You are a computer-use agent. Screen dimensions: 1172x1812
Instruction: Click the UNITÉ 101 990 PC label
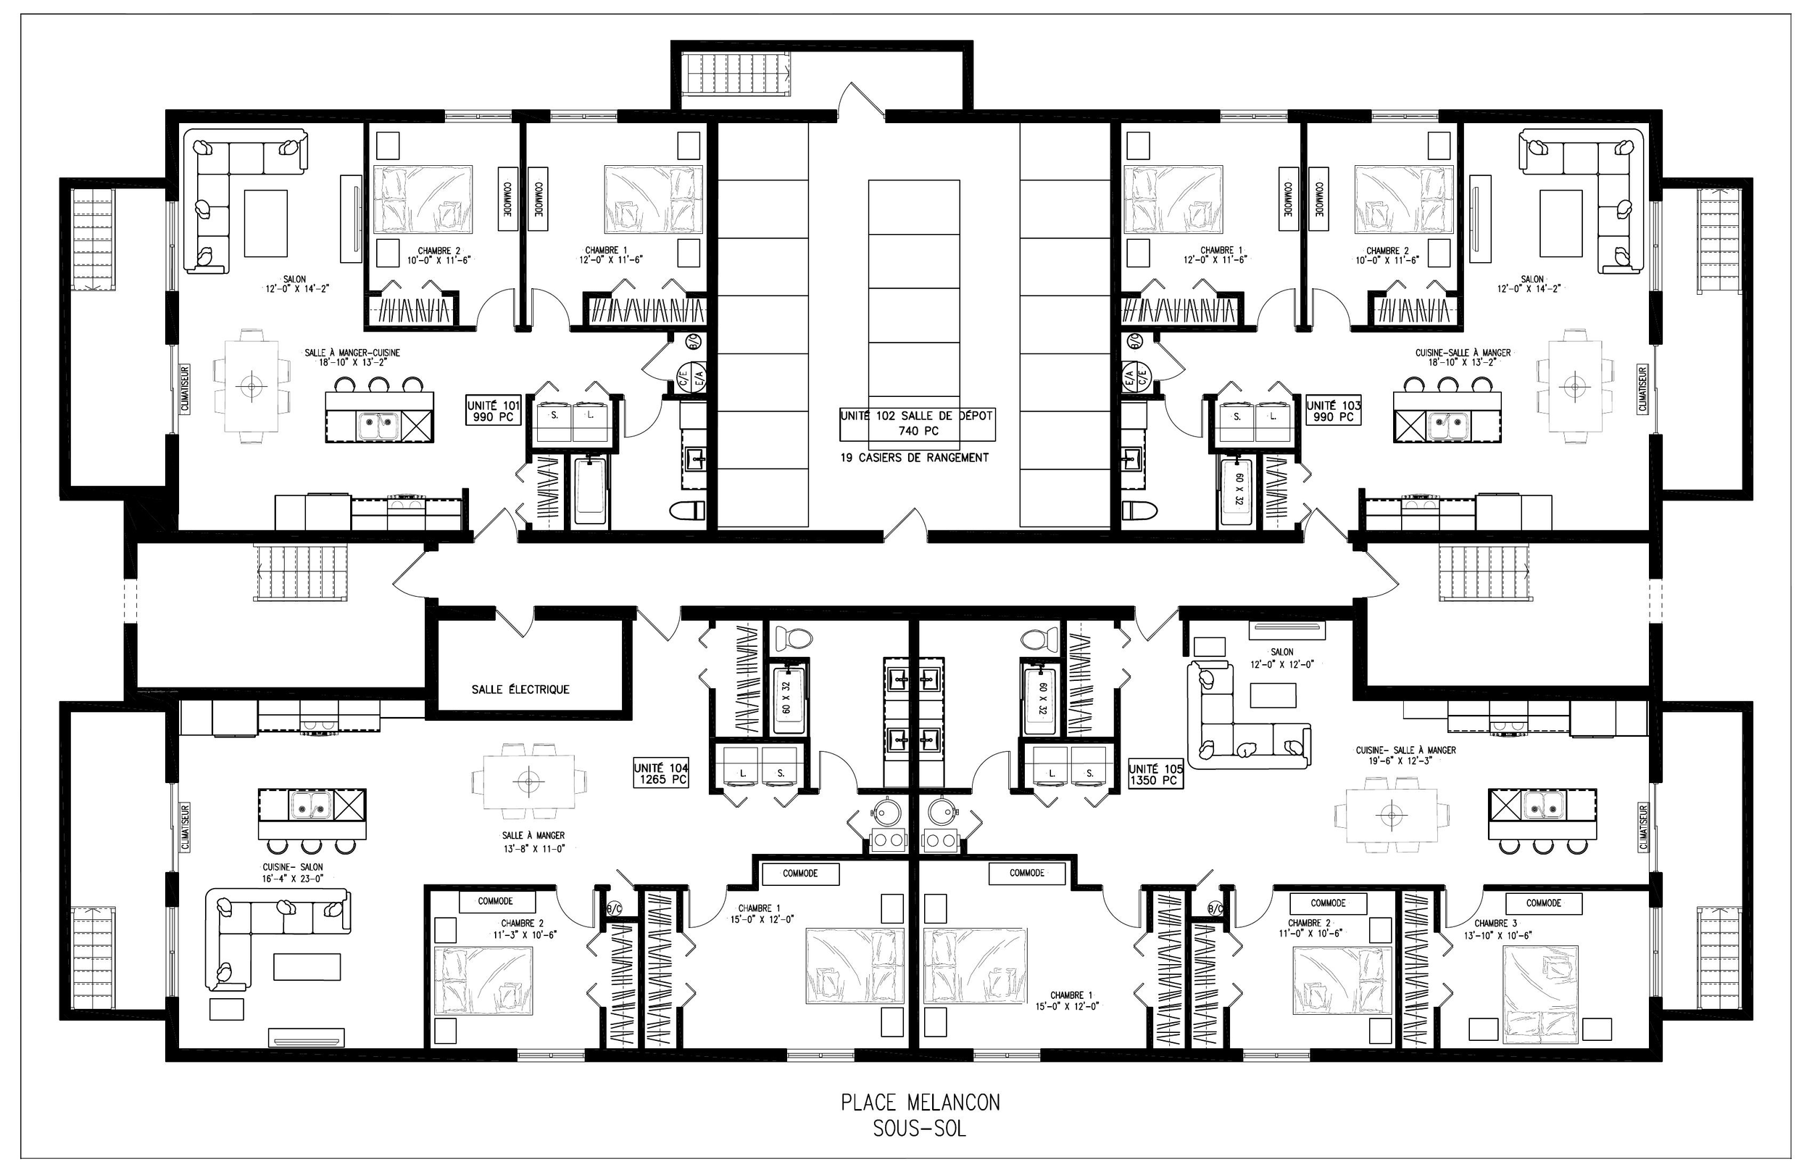tap(494, 411)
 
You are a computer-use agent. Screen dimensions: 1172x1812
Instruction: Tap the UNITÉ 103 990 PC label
tap(1333, 411)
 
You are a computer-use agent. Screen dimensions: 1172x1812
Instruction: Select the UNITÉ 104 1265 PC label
tap(661, 774)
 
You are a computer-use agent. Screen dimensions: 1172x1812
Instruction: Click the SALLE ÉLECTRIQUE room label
tap(520, 690)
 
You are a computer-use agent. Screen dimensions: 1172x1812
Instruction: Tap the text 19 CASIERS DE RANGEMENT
tap(915, 457)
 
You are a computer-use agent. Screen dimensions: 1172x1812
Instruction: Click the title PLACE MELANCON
tap(920, 1102)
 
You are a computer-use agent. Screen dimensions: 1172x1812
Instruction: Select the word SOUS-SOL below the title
tap(920, 1129)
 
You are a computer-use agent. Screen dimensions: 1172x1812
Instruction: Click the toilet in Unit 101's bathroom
tap(686, 510)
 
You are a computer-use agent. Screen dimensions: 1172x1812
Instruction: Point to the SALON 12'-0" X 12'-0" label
tap(1281, 658)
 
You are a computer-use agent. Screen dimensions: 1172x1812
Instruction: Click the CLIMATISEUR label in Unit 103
tap(1642, 389)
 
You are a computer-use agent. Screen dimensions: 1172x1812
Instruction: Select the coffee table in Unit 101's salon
tap(266, 223)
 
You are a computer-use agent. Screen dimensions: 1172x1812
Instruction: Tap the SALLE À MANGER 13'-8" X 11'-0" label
tap(533, 841)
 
